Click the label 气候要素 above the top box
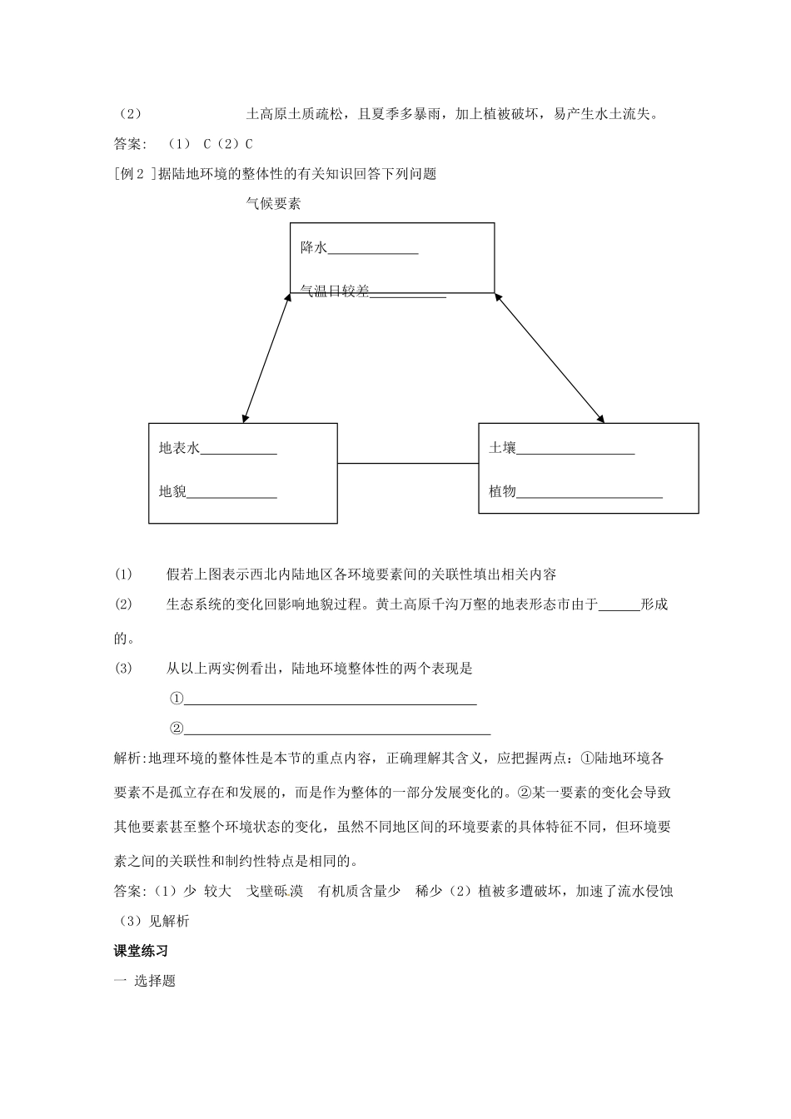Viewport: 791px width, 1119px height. (x=273, y=204)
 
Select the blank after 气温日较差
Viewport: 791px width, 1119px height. (x=408, y=296)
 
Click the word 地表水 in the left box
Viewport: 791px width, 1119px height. (x=180, y=448)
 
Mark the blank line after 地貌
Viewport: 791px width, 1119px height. (x=231, y=497)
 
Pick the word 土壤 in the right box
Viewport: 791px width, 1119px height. (x=502, y=448)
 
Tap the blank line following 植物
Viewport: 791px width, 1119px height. (x=590, y=497)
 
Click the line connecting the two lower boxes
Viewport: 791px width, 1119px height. (x=408, y=464)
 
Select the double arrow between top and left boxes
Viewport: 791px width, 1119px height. (x=266, y=356)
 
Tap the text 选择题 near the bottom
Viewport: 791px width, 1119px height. (x=155, y=981)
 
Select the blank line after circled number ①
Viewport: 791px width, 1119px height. (x=330, y=704)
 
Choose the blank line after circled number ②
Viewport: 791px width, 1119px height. (x=337, y=734)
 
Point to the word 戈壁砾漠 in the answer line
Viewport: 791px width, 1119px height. (x=275, y=891)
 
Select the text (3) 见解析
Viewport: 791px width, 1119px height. (x=152, y=921)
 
